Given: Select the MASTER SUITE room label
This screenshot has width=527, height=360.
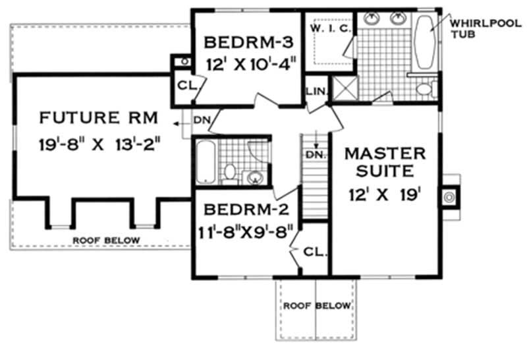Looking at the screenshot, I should pos(386,162).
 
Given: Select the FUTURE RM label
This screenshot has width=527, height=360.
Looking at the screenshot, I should pos(99,119).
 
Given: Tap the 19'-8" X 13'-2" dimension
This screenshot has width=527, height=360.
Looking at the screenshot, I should pos(99,143).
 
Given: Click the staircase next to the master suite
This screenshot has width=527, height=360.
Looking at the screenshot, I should pos(314,175).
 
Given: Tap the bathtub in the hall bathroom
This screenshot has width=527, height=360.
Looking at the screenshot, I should pos(205,162).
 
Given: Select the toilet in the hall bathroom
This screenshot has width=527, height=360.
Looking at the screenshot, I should pos(230,172).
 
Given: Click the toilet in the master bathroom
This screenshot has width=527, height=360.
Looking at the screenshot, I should pos(425,87).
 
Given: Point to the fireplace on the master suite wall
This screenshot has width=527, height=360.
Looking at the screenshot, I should pos(451,196).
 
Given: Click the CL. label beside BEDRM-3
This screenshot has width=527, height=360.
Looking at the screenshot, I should pos(184,84).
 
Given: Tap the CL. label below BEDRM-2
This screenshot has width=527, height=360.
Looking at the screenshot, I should pos(314,251).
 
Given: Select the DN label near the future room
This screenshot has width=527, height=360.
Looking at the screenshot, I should pos(201,121).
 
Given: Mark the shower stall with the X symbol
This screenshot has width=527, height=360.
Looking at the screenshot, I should pos(343,88).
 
